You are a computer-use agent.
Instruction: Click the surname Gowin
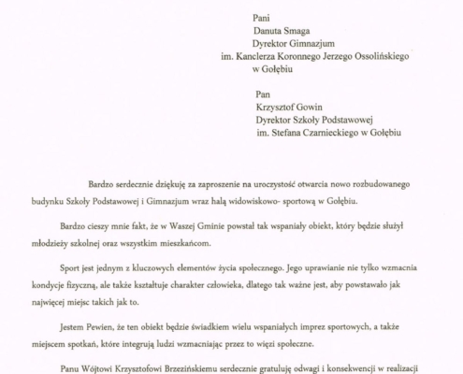pos(310,106)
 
